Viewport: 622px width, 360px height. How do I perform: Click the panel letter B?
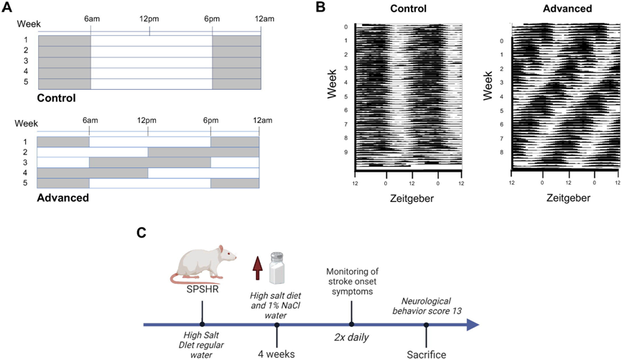(x=320, y=8)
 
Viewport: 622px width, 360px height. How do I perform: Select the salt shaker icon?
(x=277, y=267)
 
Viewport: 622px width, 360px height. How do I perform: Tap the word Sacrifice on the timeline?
(x=426, y=354)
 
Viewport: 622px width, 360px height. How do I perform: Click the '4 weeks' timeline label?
(x=277, y=354)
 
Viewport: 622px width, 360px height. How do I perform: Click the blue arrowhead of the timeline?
(x=471, y=325)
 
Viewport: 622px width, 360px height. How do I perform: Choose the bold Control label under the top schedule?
(x=56, y=98)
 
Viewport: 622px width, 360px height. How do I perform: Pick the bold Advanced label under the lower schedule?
(x=62, y=197)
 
